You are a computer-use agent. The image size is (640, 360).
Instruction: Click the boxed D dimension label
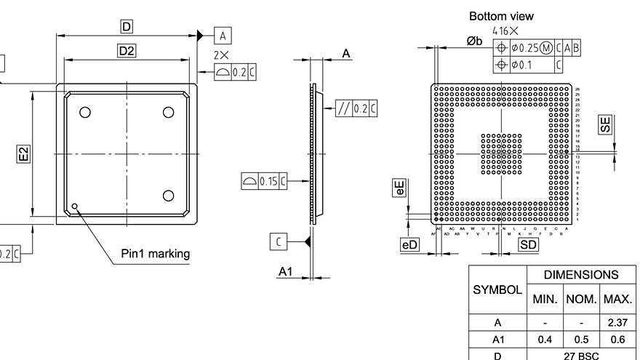pyautogui.click(x=127, y=27)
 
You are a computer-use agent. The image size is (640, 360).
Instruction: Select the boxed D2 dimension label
pyautogui.click(x=127, y=50)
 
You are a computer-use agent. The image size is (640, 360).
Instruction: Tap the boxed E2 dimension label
pyautogui.click(x=23, y=153)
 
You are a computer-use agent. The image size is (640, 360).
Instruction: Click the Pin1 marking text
pyautogui.click(x=155, y=254)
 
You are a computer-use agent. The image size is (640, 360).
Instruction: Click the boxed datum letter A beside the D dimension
pyautogui.click(x=223, y=35)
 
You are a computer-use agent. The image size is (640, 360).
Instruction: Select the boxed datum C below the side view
pyautogui.click(x=279, y=241)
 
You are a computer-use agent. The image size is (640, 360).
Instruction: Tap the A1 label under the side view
pyautogui.click(x=286, y=271)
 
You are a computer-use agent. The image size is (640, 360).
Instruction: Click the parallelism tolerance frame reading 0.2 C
pyautogui.click(x=356, y=109)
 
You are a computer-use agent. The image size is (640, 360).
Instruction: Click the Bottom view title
pyautogui.click(x=501, y=15)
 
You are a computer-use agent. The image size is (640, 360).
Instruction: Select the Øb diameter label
pyautogui.click(x=474, y=41)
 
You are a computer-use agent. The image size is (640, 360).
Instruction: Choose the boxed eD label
pyautogui.click(x=409, y=245)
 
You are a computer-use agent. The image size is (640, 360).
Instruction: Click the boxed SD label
pyautogui.click(x=528, y=245)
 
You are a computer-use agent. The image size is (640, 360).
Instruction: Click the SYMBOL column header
pyautogui.click(x=497, y=289)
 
